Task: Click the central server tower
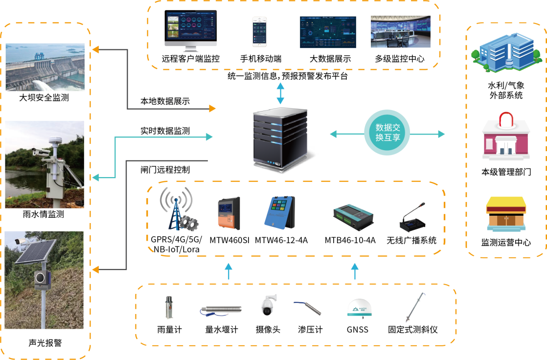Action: (280, 140)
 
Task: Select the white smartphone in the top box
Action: (259, 32)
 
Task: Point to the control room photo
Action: (400, 32)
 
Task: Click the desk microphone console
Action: (412, 217)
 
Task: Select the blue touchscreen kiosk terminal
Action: (279, 212)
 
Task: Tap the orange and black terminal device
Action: (229, 213)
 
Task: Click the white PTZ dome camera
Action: (268, 305)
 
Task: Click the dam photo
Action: (45, 67)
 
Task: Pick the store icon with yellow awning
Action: (506, 213)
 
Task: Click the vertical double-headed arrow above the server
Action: (280, 93)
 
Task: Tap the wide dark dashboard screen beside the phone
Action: (328, 32)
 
